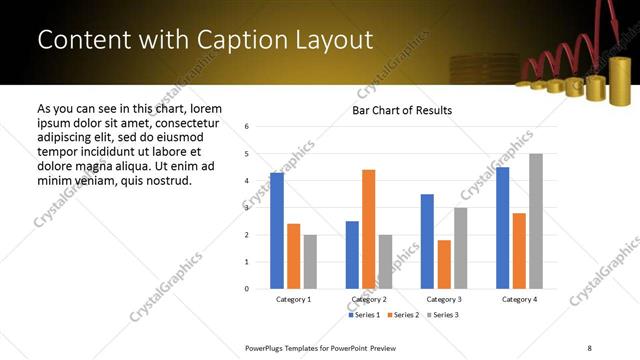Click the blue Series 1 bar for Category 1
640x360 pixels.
pos(277,230)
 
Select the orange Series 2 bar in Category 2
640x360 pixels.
pos(368,229)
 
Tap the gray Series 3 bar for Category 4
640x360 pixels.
pos(535,221)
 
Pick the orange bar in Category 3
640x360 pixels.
pos(444,264)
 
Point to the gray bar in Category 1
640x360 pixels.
pos(310,262)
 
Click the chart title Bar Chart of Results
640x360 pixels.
pos(402,110)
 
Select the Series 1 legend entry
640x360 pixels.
pos(364,315)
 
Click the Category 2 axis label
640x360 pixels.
pos(369,299)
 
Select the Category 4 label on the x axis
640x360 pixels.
pos(518,299)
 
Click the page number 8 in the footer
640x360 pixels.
pos(589,346)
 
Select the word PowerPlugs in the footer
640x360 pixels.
pos(268,346)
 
